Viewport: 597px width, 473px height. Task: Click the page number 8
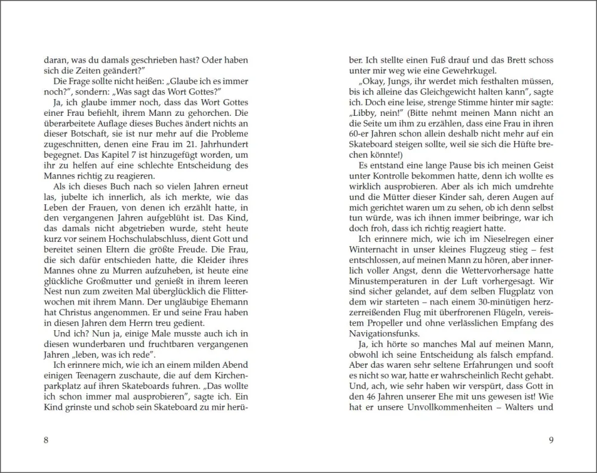47,441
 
